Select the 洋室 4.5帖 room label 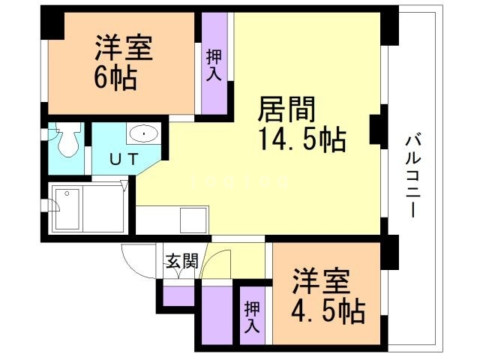pos(328,295)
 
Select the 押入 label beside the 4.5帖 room pos(252,317)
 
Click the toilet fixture pos(68,139)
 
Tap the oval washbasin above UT pos(142,134)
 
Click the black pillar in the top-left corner pos(51,23)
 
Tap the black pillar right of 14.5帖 pos(378,127)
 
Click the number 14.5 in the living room pos(289,139)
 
